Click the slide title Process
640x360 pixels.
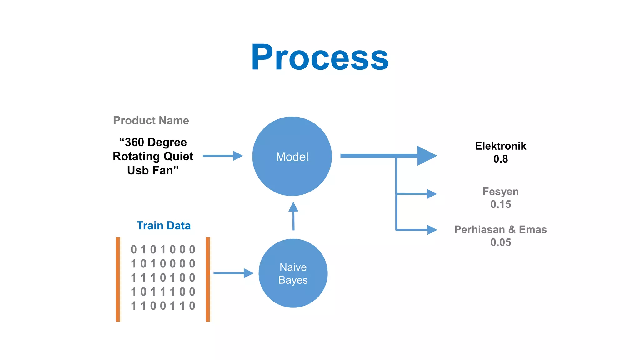click(x=320, y=57)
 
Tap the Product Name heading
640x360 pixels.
click(x=151, y=120)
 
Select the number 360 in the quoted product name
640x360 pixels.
click(x=134, y=142)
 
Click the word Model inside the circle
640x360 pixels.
click(x=292, y=157)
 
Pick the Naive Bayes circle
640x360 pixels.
click(x=293, y=273)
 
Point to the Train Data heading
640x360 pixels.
click(x=163, y=225)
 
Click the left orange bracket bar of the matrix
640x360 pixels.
click(x=118, y=279)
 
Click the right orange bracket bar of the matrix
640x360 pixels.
click(x=208, y=279)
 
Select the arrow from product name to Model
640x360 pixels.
click(x=222, y=156)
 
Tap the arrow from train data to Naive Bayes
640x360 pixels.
click(x=233, y=273)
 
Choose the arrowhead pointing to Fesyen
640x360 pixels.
click(x=431, y=194)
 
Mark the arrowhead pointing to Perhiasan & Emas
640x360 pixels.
click(x=432, y=230)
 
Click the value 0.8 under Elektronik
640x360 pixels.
click(x=500, y=159)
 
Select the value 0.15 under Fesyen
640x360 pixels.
click(x=500, y=204)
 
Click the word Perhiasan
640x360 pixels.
click(x=479, y=229)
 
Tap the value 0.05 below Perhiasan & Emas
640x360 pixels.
click(x=500, y=242)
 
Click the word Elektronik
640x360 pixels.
click(x=500, y=146)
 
